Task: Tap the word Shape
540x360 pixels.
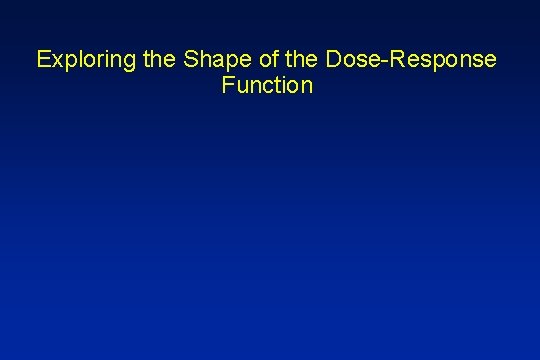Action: [x=211, y=60]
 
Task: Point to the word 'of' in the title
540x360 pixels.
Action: [x=261, y=60]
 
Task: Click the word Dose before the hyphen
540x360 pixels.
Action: [x=346, y=60]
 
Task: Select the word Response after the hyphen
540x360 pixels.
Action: [x=441, y=60]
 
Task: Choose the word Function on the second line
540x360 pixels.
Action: [x=270, y=86]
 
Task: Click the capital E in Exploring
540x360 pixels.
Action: [x=43, y=60]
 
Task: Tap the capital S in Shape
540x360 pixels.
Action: [x=188, y=60]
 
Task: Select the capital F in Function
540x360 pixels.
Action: [x=232, y=86]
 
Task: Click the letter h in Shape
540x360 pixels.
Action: [x=202, y=60]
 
